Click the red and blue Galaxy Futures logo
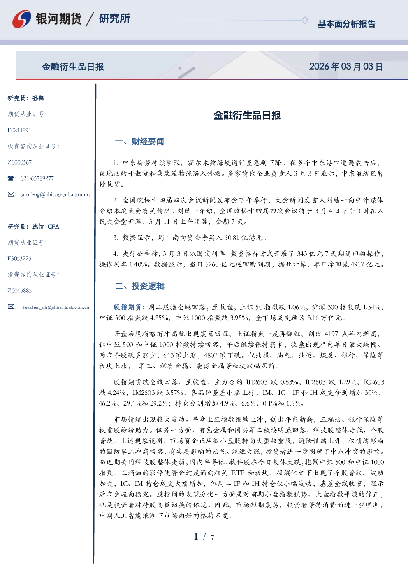(x=22, y=19)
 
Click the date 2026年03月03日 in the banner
(x=346, y=67)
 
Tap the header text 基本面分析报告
(x=346, y=24)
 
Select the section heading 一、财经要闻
(x=139, y=141)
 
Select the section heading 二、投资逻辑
(x=139, y=286)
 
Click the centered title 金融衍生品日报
(x=247, y=115)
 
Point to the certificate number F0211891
(x=19, y=130)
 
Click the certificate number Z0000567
(x=20, y=162)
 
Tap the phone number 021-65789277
(x=37, y=178)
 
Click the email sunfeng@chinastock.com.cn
(x=55, y=195)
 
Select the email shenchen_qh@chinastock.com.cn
(x=55, y=307)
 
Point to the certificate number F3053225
(x=19, y=259)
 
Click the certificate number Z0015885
(x=20, y=291)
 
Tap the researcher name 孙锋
(x=38, y=98)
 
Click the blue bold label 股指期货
(x=127, y=307)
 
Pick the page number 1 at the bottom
(x=196, y=537)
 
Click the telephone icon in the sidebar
(x=11, y=178)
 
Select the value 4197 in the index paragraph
(x=331, y=334)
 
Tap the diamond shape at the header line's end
(x=305, y=20)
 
